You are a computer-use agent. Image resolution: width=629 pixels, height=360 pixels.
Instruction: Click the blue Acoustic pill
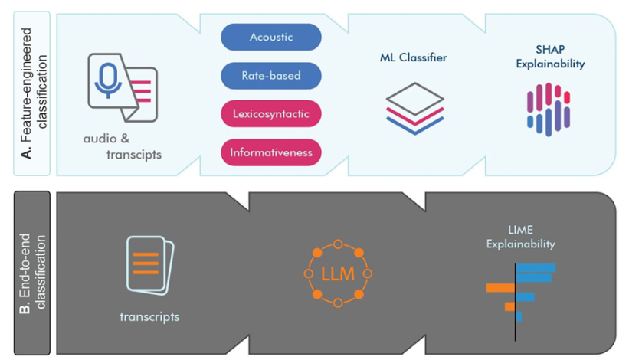click(x=270, y=37)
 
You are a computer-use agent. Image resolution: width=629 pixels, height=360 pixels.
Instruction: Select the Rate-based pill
click(x=270, y=75)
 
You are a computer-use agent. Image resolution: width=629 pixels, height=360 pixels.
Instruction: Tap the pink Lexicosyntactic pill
click(x=270, y=114)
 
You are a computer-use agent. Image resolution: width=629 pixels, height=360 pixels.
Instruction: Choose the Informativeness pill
click(x=270, y=152)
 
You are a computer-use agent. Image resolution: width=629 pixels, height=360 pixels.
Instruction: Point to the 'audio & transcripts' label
click(x=123, y=147)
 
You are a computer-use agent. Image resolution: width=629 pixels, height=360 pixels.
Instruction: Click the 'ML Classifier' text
click(x=413, y=57)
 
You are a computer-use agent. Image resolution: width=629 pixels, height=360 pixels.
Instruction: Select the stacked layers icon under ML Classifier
click(x=414, y=108)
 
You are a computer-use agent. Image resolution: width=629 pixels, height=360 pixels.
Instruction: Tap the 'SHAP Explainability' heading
click(x=550, y=57)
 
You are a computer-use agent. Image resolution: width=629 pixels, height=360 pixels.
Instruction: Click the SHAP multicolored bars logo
click(x=549, y=110)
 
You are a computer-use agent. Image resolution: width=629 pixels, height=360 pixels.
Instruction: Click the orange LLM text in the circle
click(x=338, y=274)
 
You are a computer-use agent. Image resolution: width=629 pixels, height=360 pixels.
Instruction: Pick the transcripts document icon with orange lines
click(x=150, y=265)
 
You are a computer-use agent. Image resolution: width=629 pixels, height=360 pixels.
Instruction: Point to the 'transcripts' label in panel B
click(x=149, y=316)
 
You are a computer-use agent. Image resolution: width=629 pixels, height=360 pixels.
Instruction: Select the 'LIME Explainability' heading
click(x=521, y=237)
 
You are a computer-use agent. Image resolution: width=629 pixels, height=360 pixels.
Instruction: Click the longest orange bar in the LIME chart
click(x=500, y=287)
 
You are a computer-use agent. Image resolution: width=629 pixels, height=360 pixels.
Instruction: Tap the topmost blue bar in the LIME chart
click(x=536, y=268)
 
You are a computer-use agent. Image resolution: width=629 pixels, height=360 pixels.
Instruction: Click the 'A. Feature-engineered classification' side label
click(x=33, y=93)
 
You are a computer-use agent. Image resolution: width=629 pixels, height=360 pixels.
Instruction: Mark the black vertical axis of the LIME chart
click(x=516, y=303)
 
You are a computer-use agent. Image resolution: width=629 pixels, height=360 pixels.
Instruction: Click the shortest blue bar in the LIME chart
click(x=519, y=316)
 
